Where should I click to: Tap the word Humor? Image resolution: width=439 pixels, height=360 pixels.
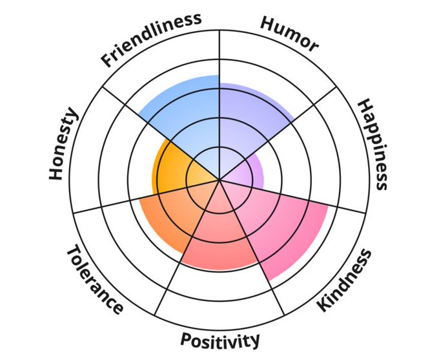[x=289, y=32]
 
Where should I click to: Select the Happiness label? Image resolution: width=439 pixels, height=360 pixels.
[x=373, y=144]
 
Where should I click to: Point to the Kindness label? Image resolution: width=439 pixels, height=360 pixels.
[x=345, y=280]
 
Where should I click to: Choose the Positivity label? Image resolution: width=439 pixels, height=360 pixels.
[x=220, y=339]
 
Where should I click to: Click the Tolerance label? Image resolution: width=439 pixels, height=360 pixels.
[x=94, y=279]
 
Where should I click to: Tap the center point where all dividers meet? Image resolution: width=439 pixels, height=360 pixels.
[x=219, y=180]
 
